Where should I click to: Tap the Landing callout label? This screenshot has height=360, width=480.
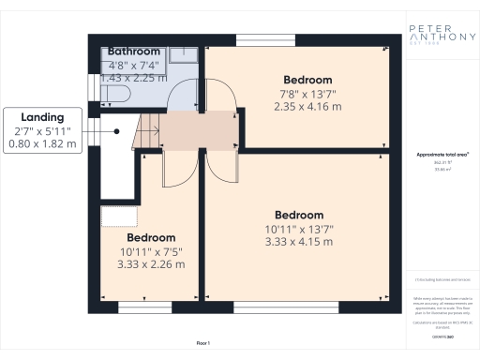[42, 117]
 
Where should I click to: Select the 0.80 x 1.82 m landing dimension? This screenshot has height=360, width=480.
[42, 144]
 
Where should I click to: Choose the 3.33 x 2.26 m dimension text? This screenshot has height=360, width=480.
[151, 264]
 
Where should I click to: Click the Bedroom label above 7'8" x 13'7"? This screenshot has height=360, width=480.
[307, 80]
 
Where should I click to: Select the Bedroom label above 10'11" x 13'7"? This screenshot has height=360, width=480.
[299, 215]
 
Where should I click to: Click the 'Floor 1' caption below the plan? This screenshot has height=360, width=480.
[202, 343]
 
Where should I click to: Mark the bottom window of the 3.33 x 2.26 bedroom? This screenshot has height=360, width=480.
[145, 307]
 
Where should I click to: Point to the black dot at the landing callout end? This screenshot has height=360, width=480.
[117, 132]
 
